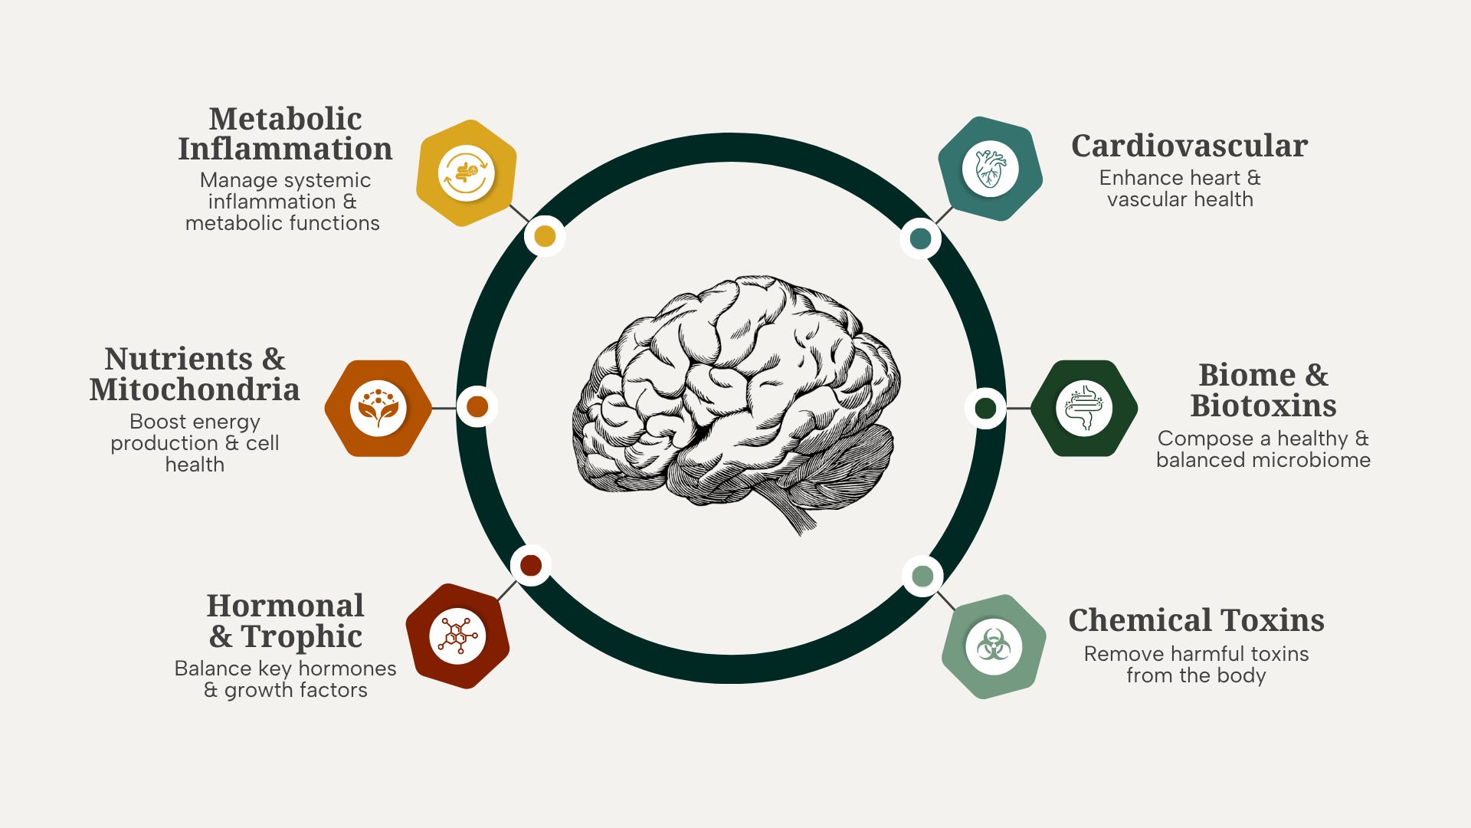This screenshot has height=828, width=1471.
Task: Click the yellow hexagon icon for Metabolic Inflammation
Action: (466, 173)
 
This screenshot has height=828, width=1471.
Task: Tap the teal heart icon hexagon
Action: (991, 169)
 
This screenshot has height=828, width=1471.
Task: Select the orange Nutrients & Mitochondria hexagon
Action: (378, 408)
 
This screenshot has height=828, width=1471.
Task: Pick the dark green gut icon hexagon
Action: (1084, 408)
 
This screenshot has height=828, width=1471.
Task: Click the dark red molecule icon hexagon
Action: (457, 636)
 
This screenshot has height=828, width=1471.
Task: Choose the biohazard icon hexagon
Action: (994, 646)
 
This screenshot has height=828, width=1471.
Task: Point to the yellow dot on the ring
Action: (545, 236)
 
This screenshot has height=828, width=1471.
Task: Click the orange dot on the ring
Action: (477, 406)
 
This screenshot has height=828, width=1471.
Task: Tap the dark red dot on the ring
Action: (531, 566)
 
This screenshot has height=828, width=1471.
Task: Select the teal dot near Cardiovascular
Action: (920, 238)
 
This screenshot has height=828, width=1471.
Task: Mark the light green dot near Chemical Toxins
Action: (922, 576)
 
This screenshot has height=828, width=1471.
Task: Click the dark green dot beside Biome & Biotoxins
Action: (985, 408)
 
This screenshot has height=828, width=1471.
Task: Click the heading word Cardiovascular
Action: (1189, 146)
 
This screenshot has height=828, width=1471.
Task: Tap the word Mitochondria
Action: (195, 389)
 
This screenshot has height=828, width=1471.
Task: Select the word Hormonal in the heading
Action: (285, 606)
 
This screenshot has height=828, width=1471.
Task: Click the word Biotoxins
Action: (1263, 406)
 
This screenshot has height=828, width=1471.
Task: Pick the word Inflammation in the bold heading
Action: (285, 149)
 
